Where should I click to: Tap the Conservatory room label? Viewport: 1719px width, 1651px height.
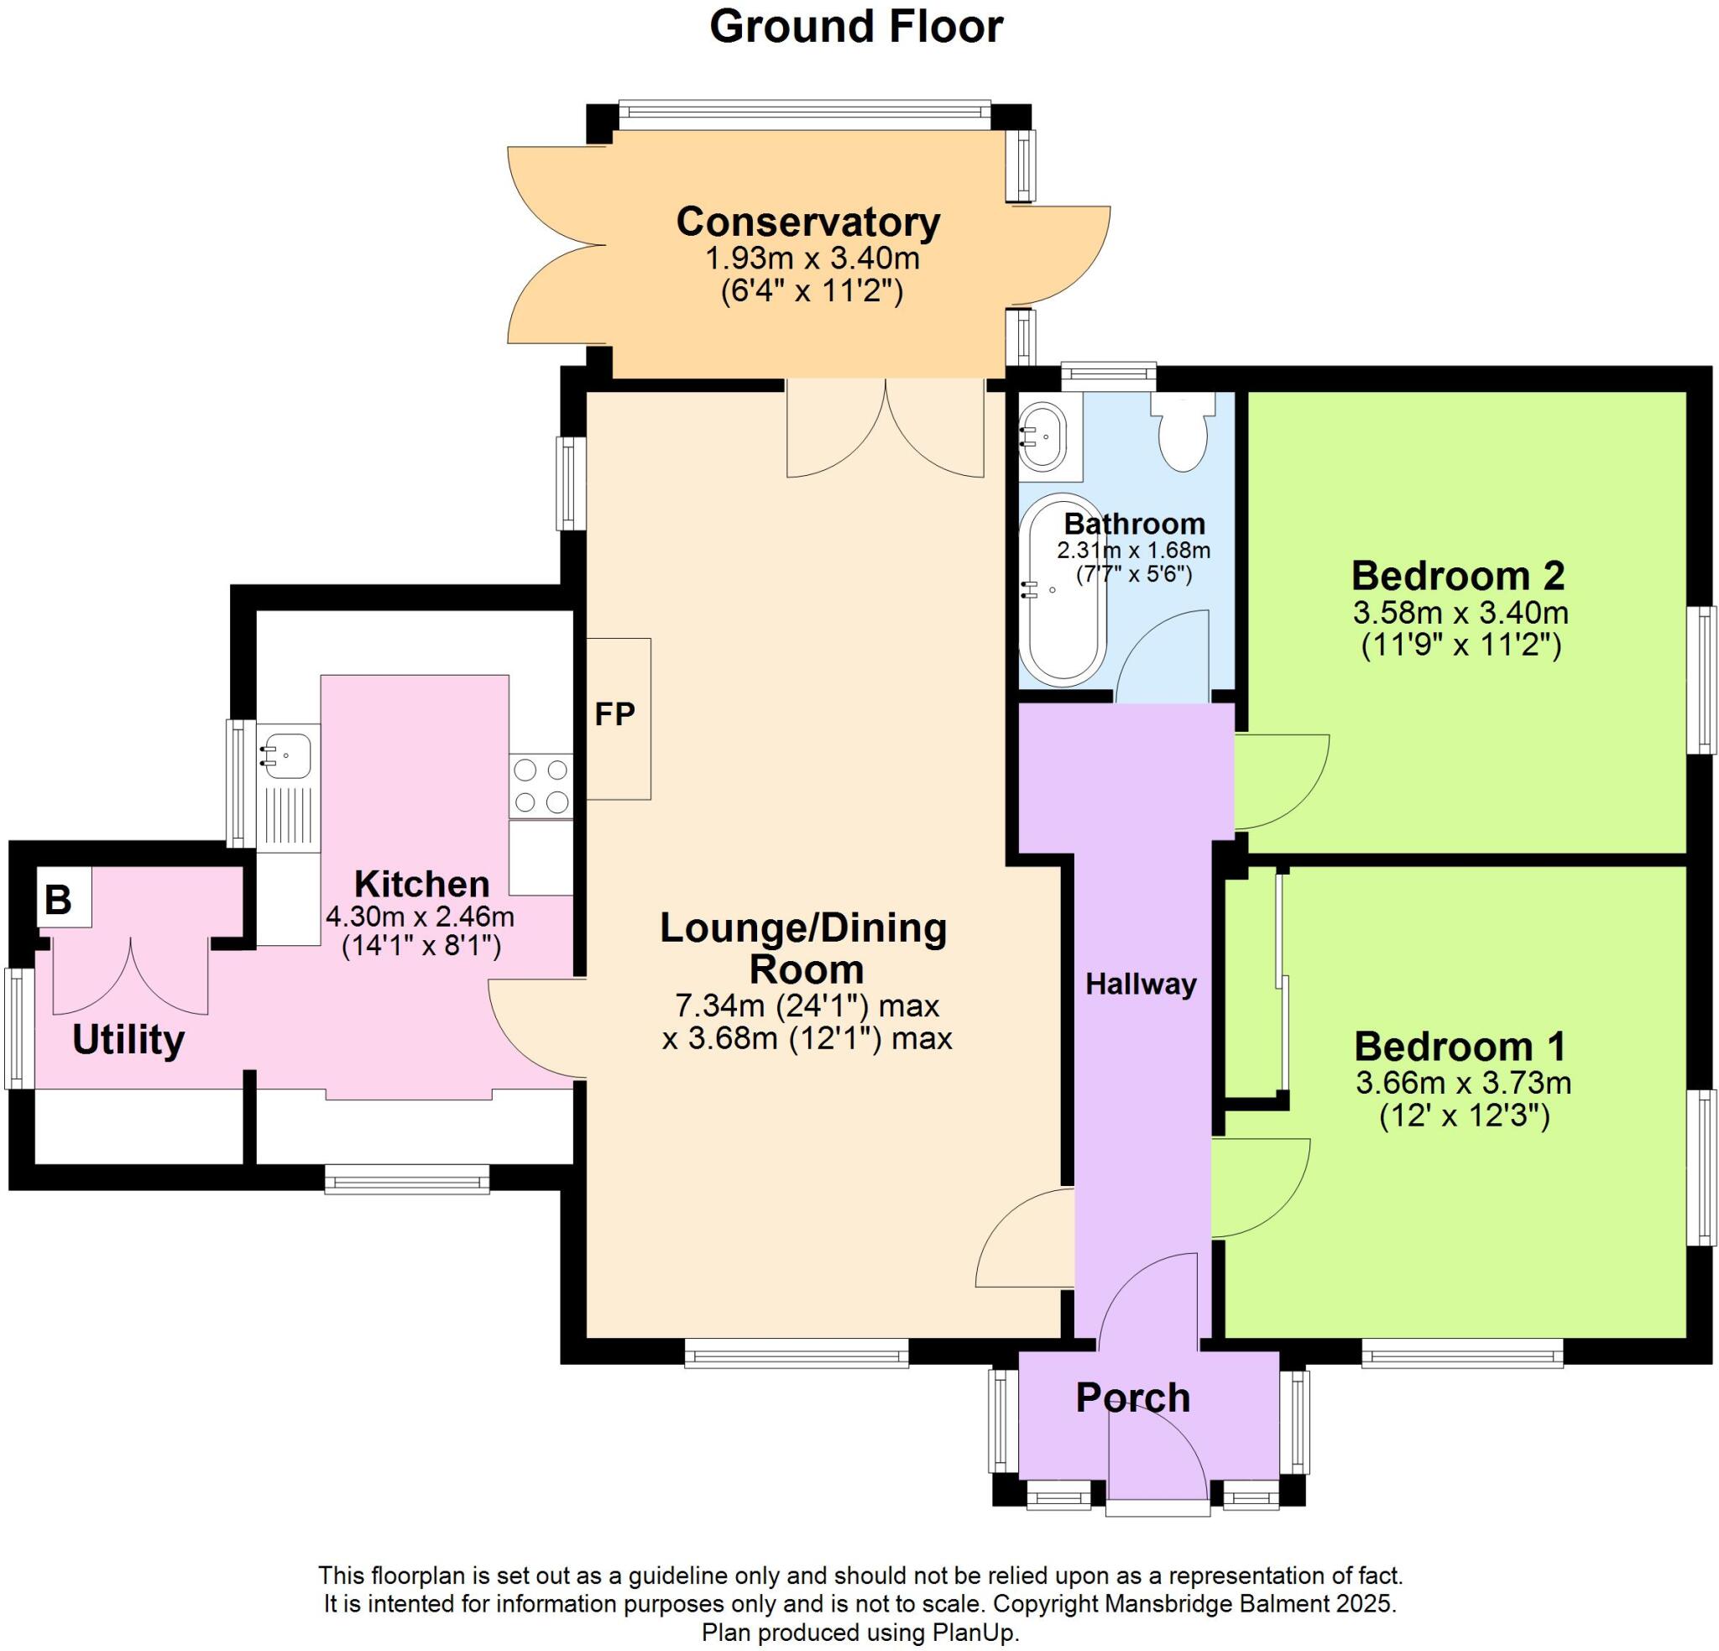[807, 222]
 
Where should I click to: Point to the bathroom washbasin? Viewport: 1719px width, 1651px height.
[1042, 436]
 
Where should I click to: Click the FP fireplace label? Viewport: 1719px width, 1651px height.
[614, 715]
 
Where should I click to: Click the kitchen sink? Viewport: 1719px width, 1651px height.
[285, 755]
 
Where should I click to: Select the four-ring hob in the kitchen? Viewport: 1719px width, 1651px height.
[541, 785]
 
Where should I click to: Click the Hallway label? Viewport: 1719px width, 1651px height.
[1141, 985]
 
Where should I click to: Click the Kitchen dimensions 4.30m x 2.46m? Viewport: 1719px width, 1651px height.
[421, 917]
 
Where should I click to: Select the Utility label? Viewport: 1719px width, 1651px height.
[128, 1041]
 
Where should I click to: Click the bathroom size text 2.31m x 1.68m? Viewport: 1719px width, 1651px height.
[1133, 551]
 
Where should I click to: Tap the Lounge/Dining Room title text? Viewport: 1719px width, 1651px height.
[803, 948]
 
